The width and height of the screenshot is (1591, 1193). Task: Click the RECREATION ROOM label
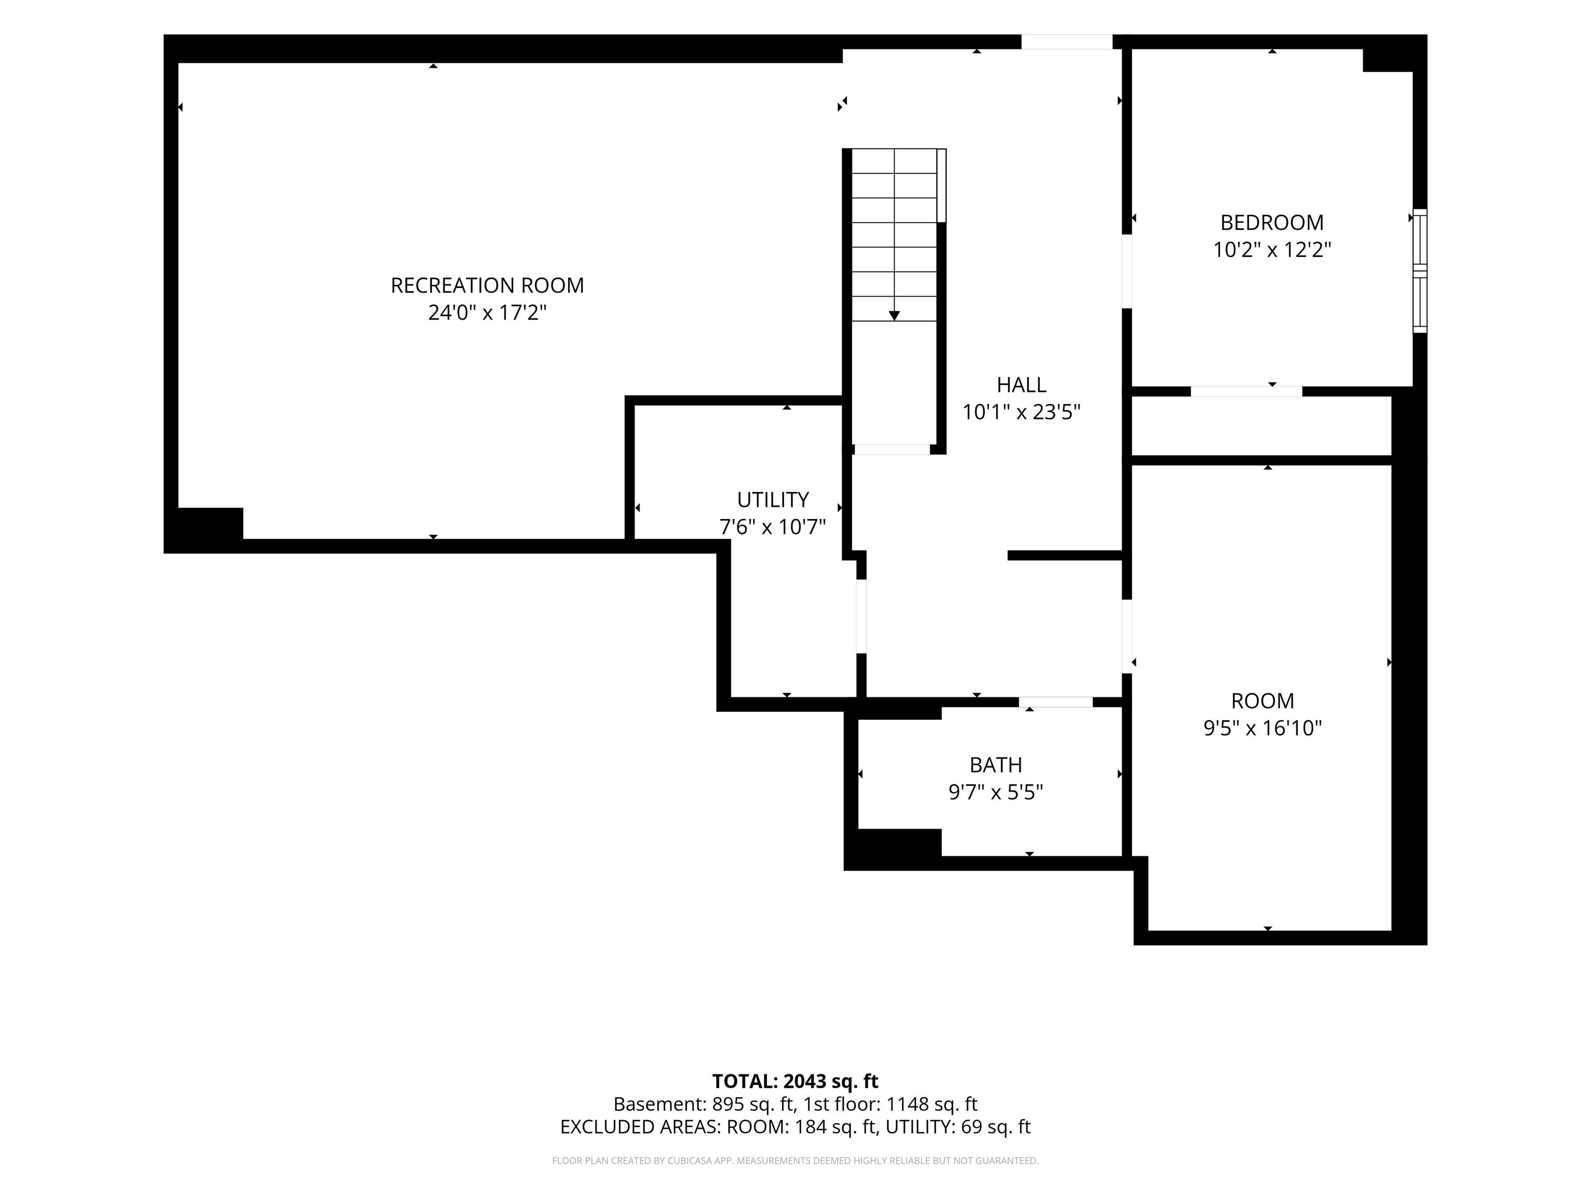pos(487,285)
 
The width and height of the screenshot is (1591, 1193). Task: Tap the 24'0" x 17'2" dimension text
pos(487,313)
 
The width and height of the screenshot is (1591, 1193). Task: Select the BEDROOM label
pos(1271,222)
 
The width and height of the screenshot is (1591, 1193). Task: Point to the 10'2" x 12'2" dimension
pos(1271,250)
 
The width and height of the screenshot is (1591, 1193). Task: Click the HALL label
pos(1021,385)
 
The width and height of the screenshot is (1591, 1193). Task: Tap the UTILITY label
pos(773,500)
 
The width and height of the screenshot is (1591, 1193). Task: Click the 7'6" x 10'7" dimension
pos(773,527)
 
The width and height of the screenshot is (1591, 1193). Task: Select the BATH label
pos(995,764)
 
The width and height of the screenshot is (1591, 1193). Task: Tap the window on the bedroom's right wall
pos(1420,270)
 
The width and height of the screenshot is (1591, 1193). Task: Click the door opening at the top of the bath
pos(1055,702)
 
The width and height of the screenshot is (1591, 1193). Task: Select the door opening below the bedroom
pos(1246,391)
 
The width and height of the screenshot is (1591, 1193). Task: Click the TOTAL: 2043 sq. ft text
pos(795,1082)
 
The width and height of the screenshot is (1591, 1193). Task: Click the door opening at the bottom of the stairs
pos(892,449)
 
